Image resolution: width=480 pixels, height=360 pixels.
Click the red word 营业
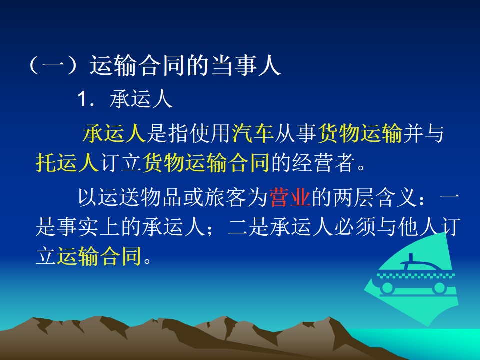pos(290,198)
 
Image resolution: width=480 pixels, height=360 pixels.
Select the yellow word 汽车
pos(252,133)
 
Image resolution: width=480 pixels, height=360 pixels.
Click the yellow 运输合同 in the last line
pos(99,256)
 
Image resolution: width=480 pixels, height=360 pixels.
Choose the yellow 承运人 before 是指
pos(114,133)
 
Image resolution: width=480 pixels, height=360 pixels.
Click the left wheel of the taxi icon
pos(387,288)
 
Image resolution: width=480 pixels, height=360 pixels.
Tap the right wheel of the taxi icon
pos(440,288)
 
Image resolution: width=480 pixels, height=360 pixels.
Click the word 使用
pos(209,133)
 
